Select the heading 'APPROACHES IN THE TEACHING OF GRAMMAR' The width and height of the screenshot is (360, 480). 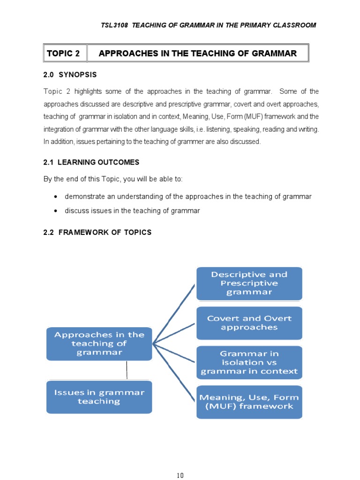[197, 53]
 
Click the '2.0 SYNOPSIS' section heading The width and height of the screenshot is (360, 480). [70, 75]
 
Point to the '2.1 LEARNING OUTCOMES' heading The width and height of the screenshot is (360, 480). [91, 162]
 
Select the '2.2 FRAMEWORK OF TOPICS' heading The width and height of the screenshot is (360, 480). [97, 232]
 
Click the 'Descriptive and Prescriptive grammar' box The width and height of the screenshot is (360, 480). [249, 284]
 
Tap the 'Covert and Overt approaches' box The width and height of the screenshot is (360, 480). [249, 323]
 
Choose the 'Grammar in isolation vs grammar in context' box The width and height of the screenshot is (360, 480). [249, 362]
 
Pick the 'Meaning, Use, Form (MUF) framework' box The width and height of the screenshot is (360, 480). [249, 402]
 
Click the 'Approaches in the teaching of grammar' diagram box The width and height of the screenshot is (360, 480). [99, 344]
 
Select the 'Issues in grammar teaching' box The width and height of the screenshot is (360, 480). [99, 397]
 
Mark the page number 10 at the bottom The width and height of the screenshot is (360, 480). [180, 463]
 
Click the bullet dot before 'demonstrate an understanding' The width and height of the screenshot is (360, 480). [56, 197]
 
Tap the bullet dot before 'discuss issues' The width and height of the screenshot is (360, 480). [56, 211]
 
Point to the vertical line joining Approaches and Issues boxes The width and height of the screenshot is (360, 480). [126, 370]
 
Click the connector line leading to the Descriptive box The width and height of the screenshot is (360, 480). [174, 313]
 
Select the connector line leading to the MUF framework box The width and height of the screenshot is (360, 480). [174, 373]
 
